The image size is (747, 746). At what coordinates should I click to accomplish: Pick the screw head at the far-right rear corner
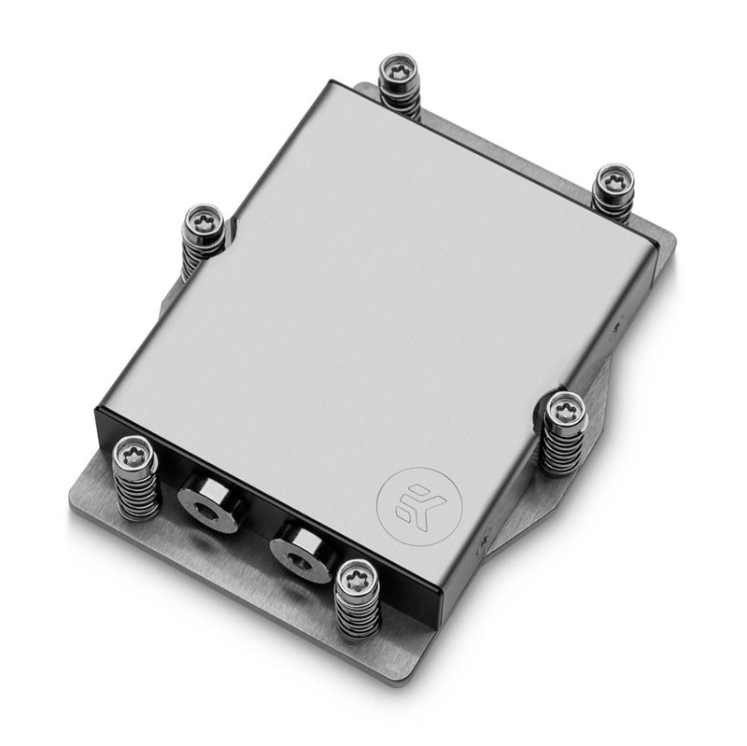click(613, 180)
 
